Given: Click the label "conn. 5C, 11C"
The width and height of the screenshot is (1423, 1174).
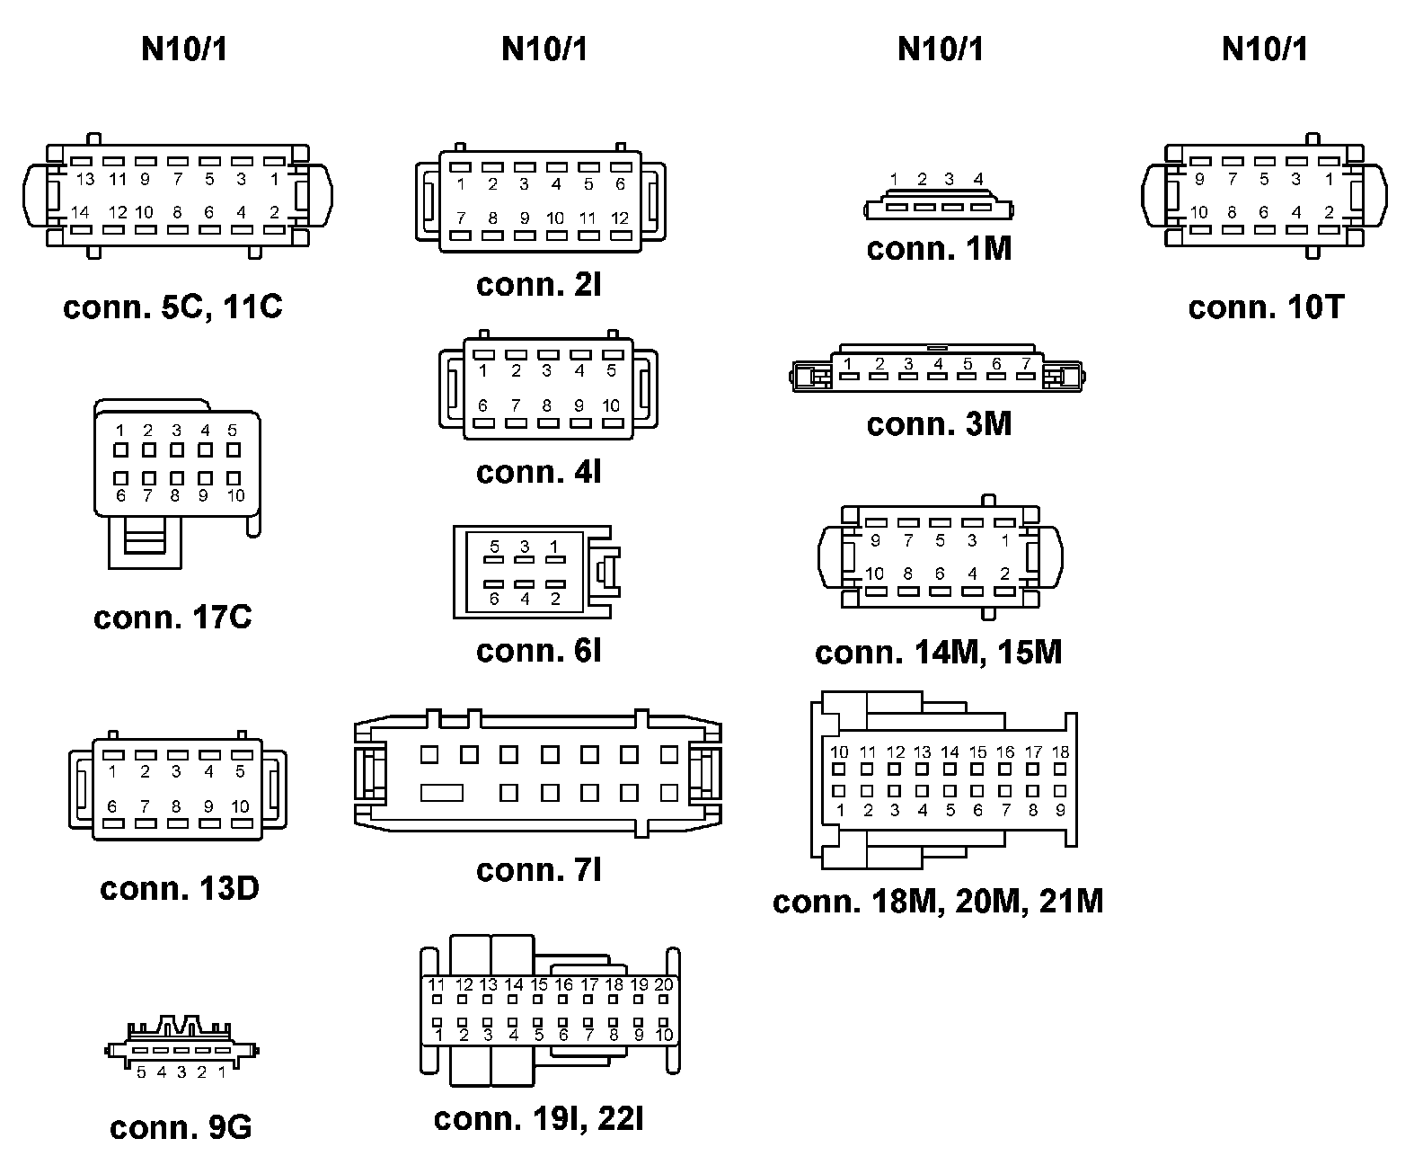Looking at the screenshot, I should click(172, 307).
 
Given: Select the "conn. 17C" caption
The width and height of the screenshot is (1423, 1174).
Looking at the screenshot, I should click(172, 618).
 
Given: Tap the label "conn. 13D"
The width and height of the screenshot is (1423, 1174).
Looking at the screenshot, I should click(180, 888).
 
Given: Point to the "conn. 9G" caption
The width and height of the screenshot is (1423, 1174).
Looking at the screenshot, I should click(181, 1127).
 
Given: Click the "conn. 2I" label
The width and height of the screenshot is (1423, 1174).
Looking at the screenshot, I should click(539, 284).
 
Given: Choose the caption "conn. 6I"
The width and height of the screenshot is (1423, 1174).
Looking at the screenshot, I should click(539, 651).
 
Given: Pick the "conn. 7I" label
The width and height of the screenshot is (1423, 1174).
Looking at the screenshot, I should click(539, 869).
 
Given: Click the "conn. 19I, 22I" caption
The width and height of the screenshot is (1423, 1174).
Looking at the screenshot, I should click(539, 1118).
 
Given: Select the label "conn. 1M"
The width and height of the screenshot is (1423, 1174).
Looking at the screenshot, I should click(939, 249).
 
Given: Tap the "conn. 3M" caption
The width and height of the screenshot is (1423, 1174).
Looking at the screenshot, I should click(939, 423).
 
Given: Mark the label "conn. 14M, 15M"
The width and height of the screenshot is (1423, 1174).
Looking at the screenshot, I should click(939, 652).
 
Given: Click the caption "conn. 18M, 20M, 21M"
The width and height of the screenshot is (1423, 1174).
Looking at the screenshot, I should click(938, 901).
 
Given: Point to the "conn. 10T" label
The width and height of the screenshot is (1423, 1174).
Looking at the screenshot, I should click(1266, 307).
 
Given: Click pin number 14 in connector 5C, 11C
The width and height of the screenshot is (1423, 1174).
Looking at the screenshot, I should click(80, 213).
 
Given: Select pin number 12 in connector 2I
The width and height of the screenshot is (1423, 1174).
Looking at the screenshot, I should click(620, 218).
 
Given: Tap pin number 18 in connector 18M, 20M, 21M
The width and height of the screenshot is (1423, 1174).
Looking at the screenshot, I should click(1060, 752).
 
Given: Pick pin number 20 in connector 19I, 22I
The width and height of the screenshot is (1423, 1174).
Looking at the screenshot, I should click(663, 985).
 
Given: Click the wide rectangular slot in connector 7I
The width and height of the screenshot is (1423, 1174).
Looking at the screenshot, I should click(442, 793).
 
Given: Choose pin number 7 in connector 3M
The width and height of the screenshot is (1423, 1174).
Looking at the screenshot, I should click(1026, 364).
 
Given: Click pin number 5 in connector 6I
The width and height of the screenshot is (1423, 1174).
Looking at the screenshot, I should click(494, 547).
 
